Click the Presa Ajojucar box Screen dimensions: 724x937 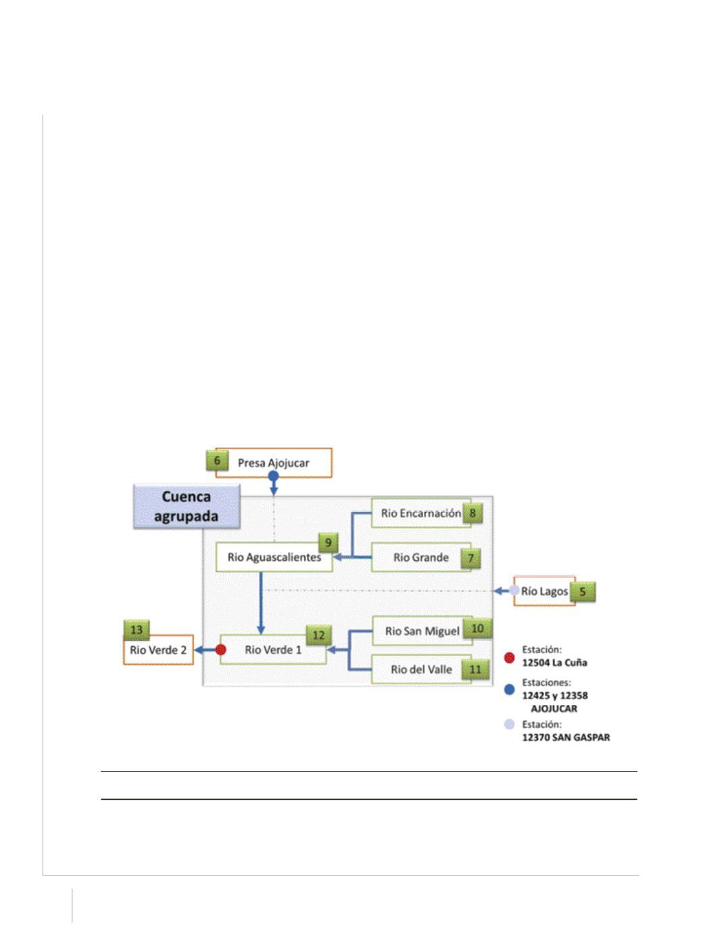coord(273,462)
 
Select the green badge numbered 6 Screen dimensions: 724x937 coord(217,460)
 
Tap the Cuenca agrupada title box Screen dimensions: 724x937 coord(187,506)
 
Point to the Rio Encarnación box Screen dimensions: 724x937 coord(421,513)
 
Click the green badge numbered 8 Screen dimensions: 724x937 coord(473,513)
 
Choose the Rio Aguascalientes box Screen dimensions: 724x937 coord(274,557)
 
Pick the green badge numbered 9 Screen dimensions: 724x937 coord(328,543)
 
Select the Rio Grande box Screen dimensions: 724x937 coord(421,558)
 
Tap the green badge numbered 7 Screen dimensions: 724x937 coord(470,558)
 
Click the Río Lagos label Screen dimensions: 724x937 coord(544,591)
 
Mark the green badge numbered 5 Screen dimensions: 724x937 coord(583,592)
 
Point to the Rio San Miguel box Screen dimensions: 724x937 coord(422,631)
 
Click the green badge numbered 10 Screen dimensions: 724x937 coord(477,629)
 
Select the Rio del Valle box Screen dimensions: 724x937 coord(421,669)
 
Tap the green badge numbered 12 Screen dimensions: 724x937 coord(318,635)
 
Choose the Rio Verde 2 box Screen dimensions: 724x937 coord(158,650)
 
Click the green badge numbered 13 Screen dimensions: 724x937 coord(137,630)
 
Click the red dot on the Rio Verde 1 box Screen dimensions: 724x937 coord(221,650)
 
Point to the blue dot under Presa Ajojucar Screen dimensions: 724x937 coord(273,476)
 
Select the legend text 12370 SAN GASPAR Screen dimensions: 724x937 coord(566,738)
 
